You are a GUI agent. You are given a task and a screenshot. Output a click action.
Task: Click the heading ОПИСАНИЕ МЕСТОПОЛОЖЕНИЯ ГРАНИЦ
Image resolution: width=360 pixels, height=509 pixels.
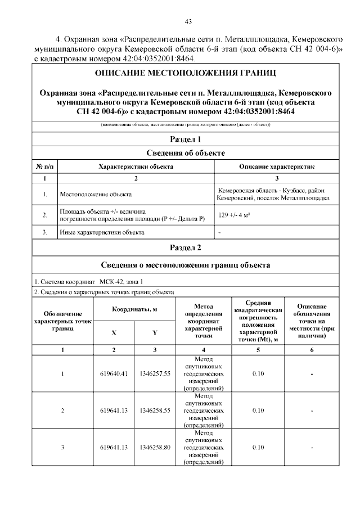pyautogui.click(x=185, y=74)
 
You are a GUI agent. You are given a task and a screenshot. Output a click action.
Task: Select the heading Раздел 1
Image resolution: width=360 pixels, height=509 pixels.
pyautogui.click(x=185, y=139)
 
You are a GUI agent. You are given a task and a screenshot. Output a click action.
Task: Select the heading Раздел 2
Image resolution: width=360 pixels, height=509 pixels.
pyautogui.click(x=185, y=247)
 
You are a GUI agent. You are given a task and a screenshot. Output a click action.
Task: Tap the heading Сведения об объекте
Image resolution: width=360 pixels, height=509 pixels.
pyautogui.click(x=185, y=153)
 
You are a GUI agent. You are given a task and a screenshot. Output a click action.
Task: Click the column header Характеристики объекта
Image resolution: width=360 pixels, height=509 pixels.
pyautogui.click(x=136, y=167)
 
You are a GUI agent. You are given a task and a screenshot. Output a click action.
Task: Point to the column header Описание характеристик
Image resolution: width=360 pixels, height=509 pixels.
pyautogui.click(x=277, y=167)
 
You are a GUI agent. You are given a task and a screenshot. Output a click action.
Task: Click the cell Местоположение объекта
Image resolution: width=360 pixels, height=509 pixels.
pyautogui.click(x=96, y=195)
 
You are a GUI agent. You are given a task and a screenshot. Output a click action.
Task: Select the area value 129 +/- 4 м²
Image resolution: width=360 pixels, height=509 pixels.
pyautogui.click(x=234, y=215)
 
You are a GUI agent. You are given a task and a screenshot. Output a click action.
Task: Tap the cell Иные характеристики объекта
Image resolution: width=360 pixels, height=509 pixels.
pyautogui.click(x=102, y=232)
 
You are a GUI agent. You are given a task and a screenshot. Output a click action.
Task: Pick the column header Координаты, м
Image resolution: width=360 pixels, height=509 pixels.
pyautogui.click(x=134, y=309)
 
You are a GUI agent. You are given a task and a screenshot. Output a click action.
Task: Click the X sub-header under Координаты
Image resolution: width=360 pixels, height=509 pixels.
pyautogui.click(x=114, y=332)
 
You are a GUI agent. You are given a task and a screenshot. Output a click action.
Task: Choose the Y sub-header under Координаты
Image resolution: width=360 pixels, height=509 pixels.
pyautogui.click(x=155, y=332)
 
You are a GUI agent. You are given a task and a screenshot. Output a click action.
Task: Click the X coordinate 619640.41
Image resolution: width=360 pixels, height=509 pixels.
pyautogui.click(x=114, y=373)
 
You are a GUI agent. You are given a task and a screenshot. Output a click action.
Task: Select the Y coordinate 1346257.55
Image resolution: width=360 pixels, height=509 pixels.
pyautogui.click(x=155, y=373)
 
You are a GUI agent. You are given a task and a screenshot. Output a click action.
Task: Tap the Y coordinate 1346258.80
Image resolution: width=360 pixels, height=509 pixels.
pyautogui.click(x=155, y=447)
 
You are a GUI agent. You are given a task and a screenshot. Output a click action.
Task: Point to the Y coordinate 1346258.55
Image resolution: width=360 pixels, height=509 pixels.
pyautogui.click(x=155, y=411)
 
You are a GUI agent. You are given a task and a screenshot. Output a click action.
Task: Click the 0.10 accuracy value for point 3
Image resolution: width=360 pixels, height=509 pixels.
pyautogui.click(x=258, y=447)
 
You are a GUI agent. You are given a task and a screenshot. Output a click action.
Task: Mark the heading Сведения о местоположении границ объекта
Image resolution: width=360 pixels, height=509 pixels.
pyautogui.click(x=185, y=265)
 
